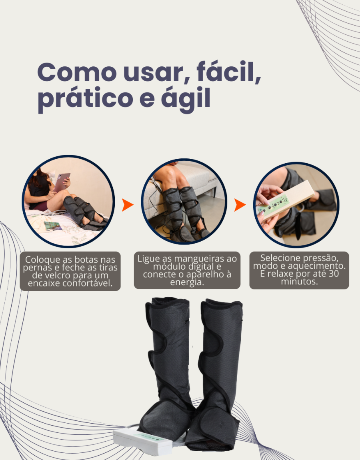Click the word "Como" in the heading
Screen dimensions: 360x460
[x=77, y=73]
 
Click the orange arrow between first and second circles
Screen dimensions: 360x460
[x=128, y=205]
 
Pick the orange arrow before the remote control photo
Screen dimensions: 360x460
[x=240, y=205]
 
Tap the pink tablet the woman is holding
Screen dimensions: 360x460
[x=62, y=182]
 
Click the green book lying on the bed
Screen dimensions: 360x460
[x=53, y=226]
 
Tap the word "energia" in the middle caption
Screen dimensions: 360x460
[x=187, y=282]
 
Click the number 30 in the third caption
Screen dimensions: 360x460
[x=334, y=274]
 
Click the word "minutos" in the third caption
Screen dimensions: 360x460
[x=299, y=282]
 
